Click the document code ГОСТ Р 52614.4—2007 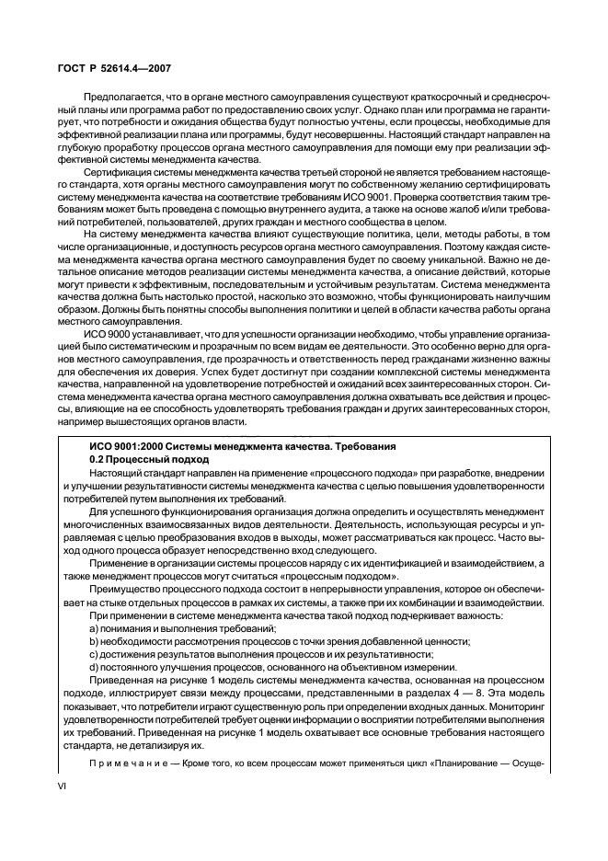coord(109,67)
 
